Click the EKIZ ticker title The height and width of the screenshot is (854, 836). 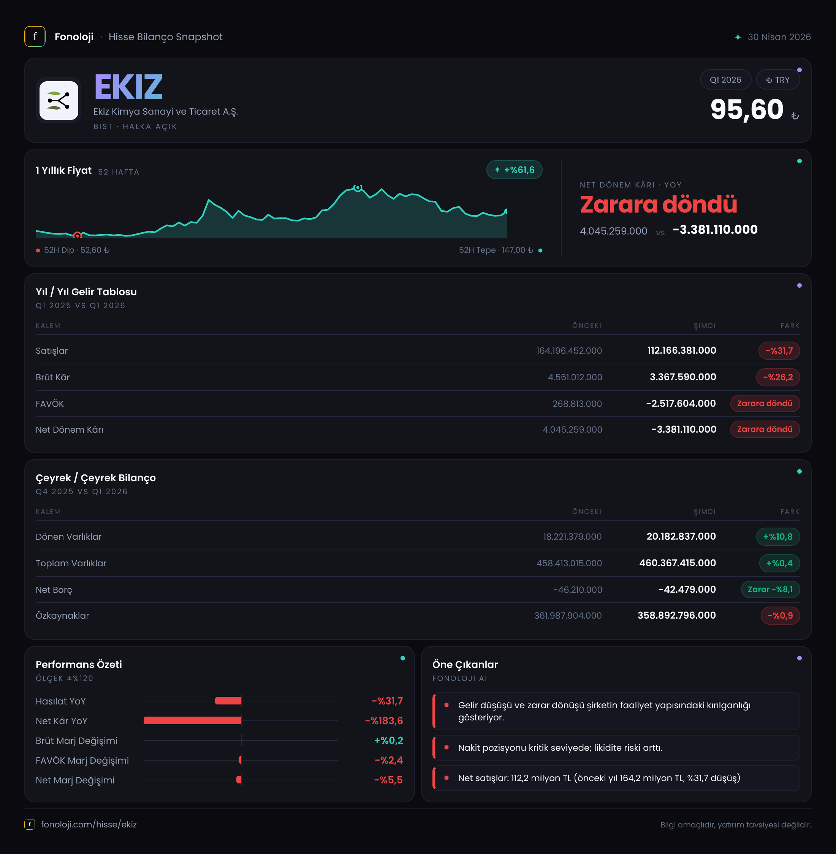pos(128,87)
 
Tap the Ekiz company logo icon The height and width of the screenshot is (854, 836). pos(59,101)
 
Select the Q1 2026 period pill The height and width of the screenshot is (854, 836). pos(725,79)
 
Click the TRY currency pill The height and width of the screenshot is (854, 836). pos(777,79)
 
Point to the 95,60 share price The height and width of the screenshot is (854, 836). pos(747,109)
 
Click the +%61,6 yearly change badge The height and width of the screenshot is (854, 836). pos(514,170)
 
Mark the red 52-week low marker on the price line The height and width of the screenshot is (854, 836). pos(77,236)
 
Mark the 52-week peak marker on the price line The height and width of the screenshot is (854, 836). pos(358,188)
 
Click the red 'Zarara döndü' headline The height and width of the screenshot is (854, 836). pos(658,205)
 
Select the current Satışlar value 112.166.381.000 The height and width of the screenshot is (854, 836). pos(681,350)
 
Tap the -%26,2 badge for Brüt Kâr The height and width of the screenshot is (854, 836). pos(777,377)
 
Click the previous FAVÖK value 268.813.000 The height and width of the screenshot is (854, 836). pos(577,403)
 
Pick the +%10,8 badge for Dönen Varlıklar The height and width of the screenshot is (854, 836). pos(777,536)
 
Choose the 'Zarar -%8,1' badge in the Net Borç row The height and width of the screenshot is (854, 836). pos(770,589)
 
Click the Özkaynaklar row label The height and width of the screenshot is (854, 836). pos(62,615)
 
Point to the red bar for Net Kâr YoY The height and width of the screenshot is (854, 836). pos(192,720)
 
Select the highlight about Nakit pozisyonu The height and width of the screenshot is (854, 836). pos(560,747)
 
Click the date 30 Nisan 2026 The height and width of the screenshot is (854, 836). pos(779,37)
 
